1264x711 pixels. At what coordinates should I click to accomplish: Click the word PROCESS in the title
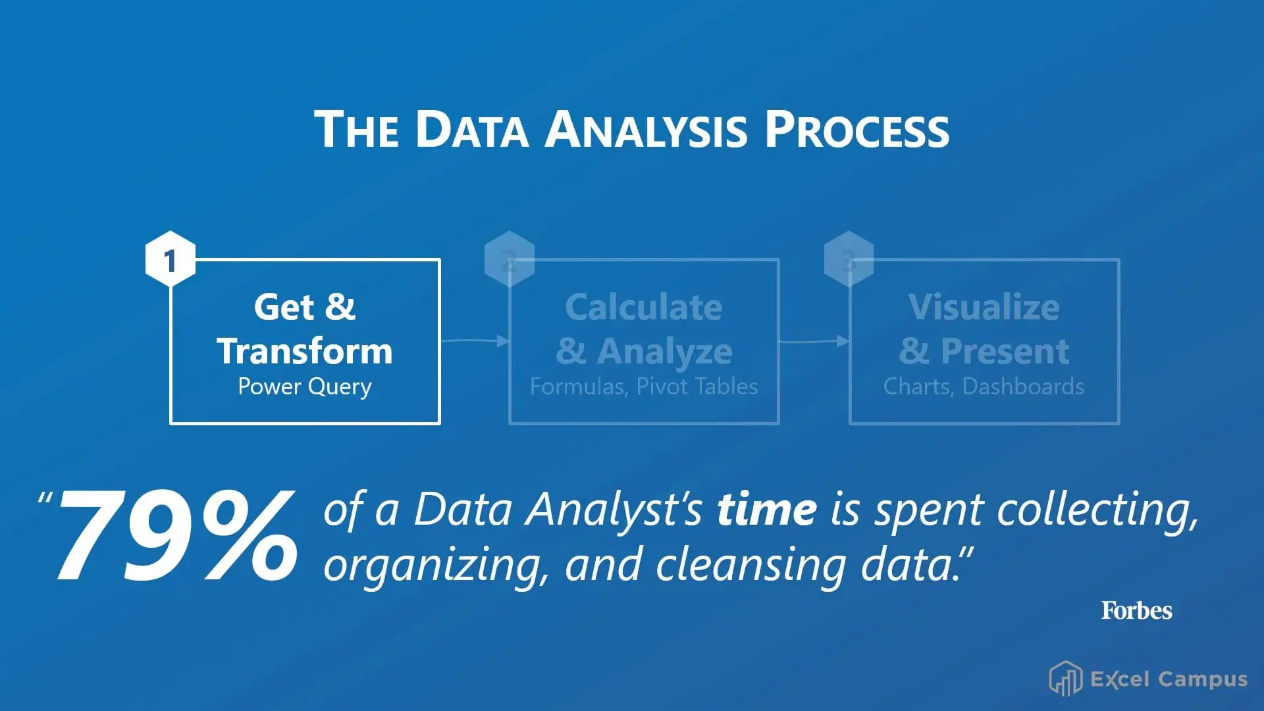coord(856,129)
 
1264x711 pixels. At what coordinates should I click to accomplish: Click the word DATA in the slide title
coord(471,129)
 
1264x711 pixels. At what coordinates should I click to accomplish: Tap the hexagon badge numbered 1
coord(171,259)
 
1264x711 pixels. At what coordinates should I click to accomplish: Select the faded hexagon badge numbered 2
coord(509,259)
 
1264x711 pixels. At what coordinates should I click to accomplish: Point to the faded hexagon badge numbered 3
coord(849,259)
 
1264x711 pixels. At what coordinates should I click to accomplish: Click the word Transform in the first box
coord(305,351)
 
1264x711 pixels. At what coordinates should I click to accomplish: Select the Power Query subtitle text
coord(305,386)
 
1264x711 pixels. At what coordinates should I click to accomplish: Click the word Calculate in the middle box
coord(644,307)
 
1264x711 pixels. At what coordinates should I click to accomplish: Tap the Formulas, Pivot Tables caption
coord(644,386)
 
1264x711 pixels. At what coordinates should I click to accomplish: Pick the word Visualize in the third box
coord(984,307)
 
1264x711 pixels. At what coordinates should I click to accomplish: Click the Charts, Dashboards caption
coord(984,386)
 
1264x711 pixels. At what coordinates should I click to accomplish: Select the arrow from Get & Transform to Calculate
coord(475,340)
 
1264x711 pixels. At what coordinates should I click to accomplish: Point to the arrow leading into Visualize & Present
coord(814,340)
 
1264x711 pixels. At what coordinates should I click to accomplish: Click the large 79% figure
coord(176,537)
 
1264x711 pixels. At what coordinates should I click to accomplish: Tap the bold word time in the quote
coord(767,510)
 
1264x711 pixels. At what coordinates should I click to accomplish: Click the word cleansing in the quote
coord(750,565)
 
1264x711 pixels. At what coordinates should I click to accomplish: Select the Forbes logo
coord(1136,610)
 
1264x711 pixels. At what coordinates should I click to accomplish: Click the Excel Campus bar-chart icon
coord(1065,679)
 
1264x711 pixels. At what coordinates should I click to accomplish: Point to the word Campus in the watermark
coord(1203,679)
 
